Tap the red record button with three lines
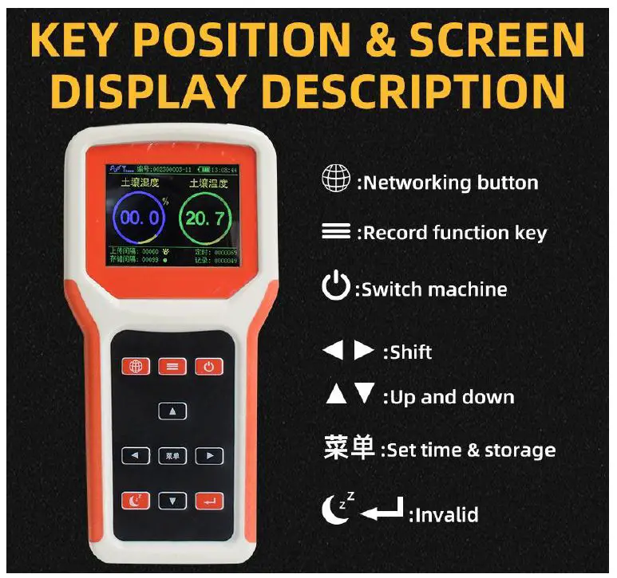[172, 367]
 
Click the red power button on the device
[209, 367]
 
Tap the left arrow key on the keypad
[136, 456]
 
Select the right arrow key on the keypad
[209, 456]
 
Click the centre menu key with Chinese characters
[172, 456]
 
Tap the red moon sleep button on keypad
[136, 501]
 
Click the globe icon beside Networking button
[335, 180]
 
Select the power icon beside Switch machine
[336, 286]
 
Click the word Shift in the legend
[412, 352]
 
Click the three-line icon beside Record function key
[336, 233]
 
